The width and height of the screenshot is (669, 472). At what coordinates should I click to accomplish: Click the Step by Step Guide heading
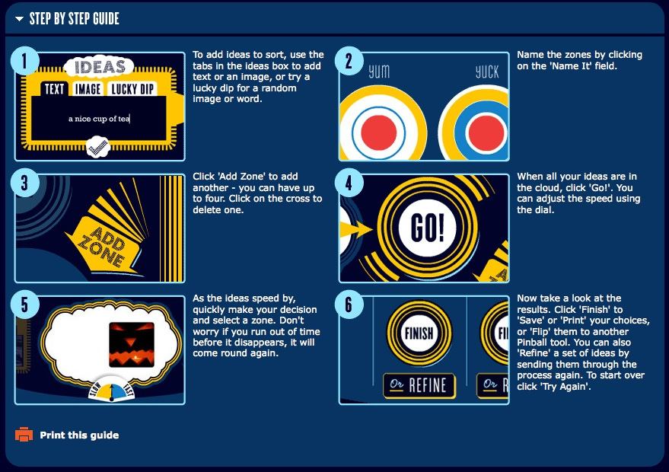click(x=75, y=19)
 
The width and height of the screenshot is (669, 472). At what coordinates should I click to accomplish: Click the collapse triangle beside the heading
click(x=19, y=19)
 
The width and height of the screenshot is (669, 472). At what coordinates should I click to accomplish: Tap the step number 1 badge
click(x=25, y=61)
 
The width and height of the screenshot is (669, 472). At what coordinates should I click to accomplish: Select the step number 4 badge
click(x=349, y=183)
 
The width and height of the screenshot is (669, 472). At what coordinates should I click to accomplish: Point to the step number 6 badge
click(x=349, y=305)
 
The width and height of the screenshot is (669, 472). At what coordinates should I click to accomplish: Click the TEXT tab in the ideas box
click(x=55, y=89)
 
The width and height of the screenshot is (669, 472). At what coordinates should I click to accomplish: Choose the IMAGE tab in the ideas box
click(x=88, y=89)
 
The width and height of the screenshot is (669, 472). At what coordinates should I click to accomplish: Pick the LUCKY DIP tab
click(x=132, y=89)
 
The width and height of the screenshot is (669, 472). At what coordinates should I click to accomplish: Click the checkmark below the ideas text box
click(x=98, y=147)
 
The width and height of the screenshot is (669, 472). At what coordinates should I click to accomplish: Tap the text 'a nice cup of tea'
click(x=98, y=119)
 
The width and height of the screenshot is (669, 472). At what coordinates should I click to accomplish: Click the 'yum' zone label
click(x=379, y=72)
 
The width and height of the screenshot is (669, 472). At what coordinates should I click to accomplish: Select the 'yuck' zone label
click(x=487, y=72)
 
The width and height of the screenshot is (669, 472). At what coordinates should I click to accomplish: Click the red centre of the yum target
click(x=378, y=132)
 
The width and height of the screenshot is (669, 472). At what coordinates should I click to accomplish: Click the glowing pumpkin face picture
click(x=132, y=344)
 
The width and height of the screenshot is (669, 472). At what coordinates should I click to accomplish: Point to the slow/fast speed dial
click(x=111, y=389)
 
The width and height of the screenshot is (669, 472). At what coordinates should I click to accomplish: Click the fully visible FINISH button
click(x=419, y=333)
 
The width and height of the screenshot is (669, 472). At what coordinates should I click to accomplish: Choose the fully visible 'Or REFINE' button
click(x=419, y=385)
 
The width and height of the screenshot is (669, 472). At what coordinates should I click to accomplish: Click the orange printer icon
click(x=24, y=435)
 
